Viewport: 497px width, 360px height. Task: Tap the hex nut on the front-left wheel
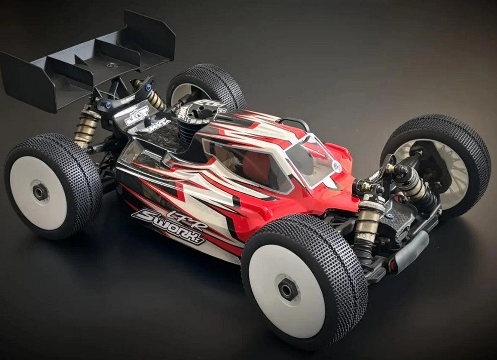click(288, 290)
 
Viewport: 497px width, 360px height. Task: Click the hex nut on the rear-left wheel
click(41, 192)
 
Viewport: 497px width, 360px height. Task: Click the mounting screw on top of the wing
click(111, 65)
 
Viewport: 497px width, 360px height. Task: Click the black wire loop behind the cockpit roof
click(296, 123)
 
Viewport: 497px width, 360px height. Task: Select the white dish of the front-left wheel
click(286, 289)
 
